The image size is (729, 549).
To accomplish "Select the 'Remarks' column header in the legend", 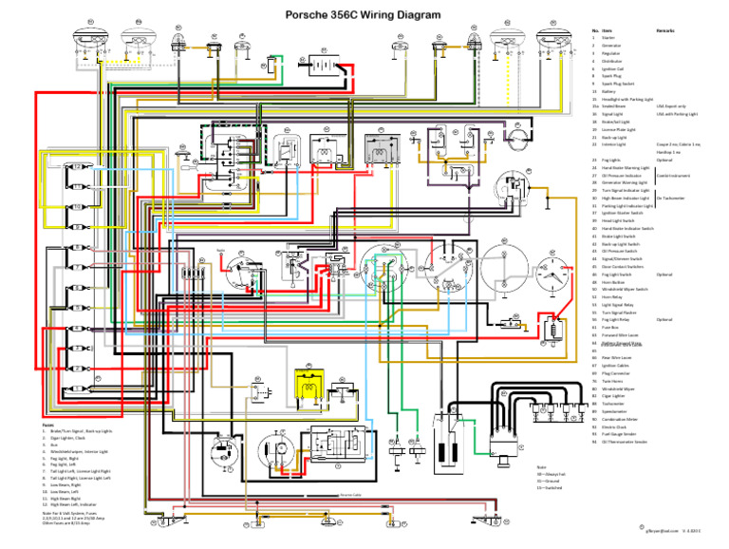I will [664, 31].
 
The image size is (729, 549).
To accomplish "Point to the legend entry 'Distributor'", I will [615, 61].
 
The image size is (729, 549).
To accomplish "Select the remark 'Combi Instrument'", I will [675, 176].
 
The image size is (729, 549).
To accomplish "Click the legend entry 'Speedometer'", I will [616, 411].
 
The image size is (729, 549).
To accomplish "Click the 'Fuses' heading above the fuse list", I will [48, 424].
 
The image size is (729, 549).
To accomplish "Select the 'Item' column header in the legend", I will [606, 31].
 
